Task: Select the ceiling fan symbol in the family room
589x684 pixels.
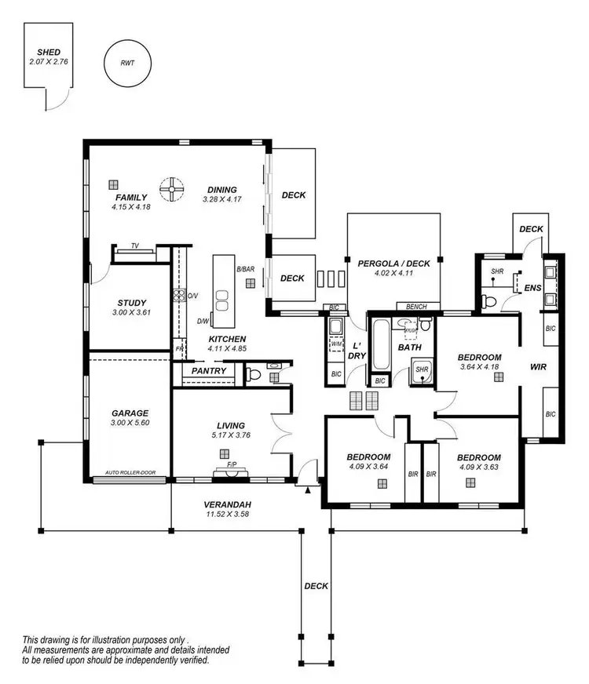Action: click(x=170, y=187)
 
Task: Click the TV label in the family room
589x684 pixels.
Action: click(x=135, y=246)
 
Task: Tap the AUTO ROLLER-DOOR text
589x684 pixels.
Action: click(x=129, y=475)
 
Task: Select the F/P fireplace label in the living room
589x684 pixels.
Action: click(x=232, y=464)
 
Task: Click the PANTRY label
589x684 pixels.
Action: click(x=209, y=371)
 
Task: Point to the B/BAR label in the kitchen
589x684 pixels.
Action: click(x=246, y=270)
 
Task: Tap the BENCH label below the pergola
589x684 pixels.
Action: click(x=415, y=306)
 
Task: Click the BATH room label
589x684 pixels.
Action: click(x=410, y=346)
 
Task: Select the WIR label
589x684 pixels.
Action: click(x=538, y=366)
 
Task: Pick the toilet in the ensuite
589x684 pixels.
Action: click(x=488, y=300)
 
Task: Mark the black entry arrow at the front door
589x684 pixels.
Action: click(x=307, y=489)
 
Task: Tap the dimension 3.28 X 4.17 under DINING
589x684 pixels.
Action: click(x=222, y=199)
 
